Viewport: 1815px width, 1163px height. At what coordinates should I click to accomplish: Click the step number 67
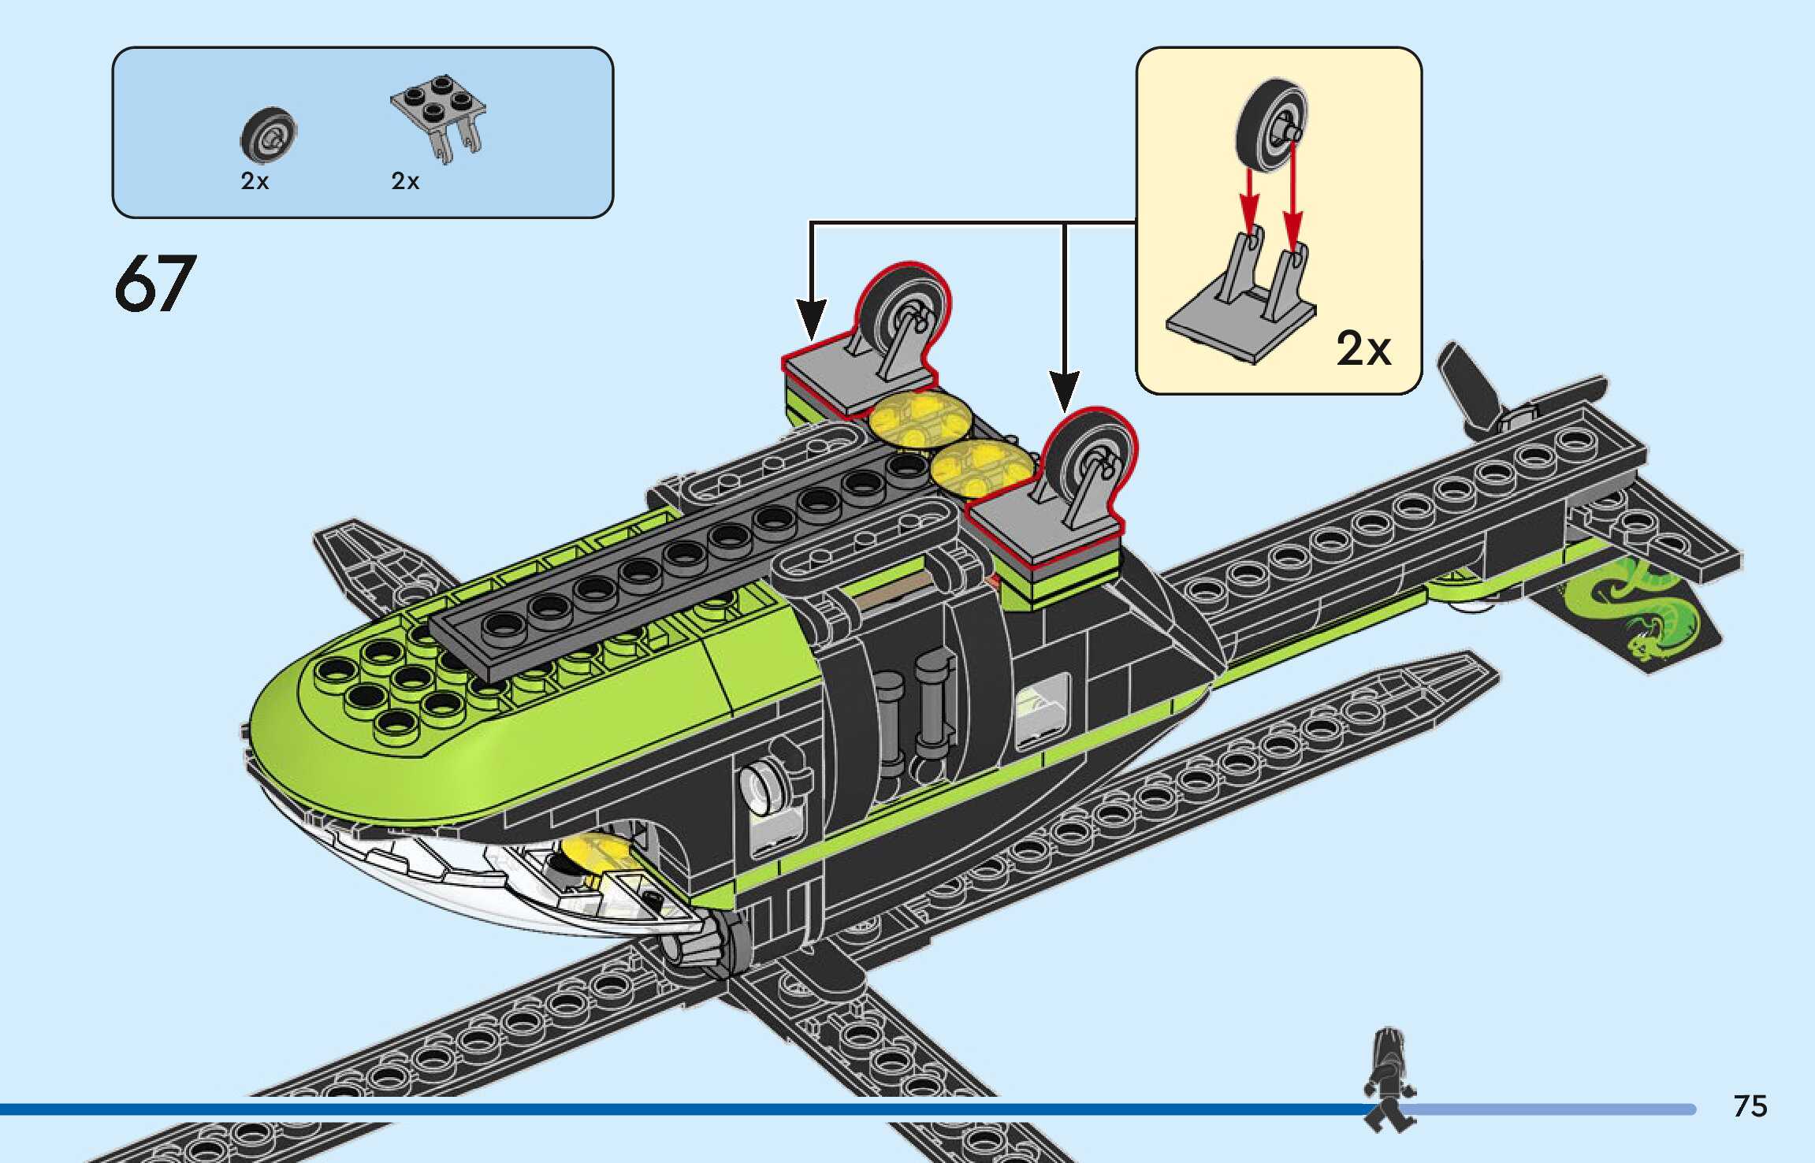click(154, 284)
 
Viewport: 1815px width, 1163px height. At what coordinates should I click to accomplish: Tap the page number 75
click(1750, 1106)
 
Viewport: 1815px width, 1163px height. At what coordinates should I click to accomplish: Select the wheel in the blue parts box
click(268, 135)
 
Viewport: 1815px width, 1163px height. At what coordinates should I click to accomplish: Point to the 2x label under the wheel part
click(255, 181)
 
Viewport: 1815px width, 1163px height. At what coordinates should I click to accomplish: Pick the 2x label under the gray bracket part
click(405, 181)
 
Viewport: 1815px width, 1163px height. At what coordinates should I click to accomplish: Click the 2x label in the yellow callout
click(1363, 347)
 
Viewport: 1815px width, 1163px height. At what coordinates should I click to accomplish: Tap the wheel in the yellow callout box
click(1271, 126)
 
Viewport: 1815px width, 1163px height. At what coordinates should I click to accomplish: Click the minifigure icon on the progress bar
click(1389, 1079)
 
